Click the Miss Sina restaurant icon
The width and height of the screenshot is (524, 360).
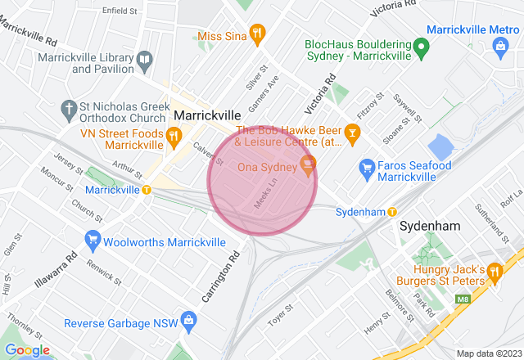tap(257, 34)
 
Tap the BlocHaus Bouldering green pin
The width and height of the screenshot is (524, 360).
tap(421, 48)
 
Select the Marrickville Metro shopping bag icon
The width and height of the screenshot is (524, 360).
tap(500, 48)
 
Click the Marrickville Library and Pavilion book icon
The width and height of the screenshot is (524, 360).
tap(144, 60)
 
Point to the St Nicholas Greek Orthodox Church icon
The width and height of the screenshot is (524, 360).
tap(69, 108)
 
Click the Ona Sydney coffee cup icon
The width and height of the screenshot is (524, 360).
tap(308, 165)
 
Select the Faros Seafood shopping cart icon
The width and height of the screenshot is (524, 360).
tap(368, 170)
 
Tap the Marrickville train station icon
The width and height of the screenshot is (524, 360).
tap(147, 190)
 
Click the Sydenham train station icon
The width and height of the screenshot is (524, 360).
tap(392, 212)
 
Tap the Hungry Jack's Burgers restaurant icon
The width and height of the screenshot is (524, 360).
tap(494, 271)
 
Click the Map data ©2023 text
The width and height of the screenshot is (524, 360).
tap(488, 353)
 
